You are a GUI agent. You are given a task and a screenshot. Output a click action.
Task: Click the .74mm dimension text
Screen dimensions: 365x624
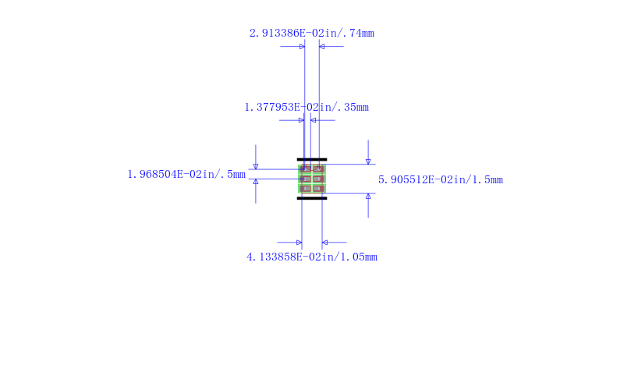(311, 34)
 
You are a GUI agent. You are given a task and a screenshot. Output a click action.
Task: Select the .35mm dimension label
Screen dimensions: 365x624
(307, 107)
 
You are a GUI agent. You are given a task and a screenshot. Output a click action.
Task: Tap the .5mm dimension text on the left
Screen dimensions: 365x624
(186, 174)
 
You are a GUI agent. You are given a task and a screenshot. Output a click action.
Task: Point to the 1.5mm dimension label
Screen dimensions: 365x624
(441, 179)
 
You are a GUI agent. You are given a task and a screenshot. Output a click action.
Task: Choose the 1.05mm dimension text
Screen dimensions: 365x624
(312, 257)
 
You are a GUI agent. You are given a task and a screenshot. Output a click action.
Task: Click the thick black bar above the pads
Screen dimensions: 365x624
(312, 159)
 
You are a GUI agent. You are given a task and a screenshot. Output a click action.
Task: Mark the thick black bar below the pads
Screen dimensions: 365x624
(312, 198)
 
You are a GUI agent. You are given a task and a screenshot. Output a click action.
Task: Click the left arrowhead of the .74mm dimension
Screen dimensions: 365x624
(302, 47)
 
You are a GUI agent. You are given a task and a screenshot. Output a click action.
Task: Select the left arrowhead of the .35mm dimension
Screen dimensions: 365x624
(301, 120)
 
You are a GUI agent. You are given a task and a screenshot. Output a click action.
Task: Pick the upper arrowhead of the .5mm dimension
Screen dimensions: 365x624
(255, 166)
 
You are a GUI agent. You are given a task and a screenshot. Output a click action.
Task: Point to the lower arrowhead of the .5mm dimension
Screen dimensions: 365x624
(255, 182)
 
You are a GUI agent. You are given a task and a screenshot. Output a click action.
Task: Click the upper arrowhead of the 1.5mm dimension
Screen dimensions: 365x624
(368, 161)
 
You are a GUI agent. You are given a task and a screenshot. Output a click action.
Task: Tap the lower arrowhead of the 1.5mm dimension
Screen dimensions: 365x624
(368, 196)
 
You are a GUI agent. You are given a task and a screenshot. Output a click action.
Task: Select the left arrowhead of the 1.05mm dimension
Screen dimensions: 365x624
(299, 243)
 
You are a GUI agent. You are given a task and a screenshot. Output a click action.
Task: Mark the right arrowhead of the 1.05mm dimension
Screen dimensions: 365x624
(324, 243)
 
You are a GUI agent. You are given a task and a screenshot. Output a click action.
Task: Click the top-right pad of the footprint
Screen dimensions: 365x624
(318, 168)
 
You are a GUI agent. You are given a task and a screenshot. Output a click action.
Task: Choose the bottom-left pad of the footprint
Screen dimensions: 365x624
(306, 188)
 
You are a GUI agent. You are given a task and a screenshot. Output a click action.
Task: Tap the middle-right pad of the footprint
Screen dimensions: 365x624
(318, 179)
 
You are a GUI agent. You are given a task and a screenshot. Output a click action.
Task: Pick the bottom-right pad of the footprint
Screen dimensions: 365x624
(318, 188)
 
